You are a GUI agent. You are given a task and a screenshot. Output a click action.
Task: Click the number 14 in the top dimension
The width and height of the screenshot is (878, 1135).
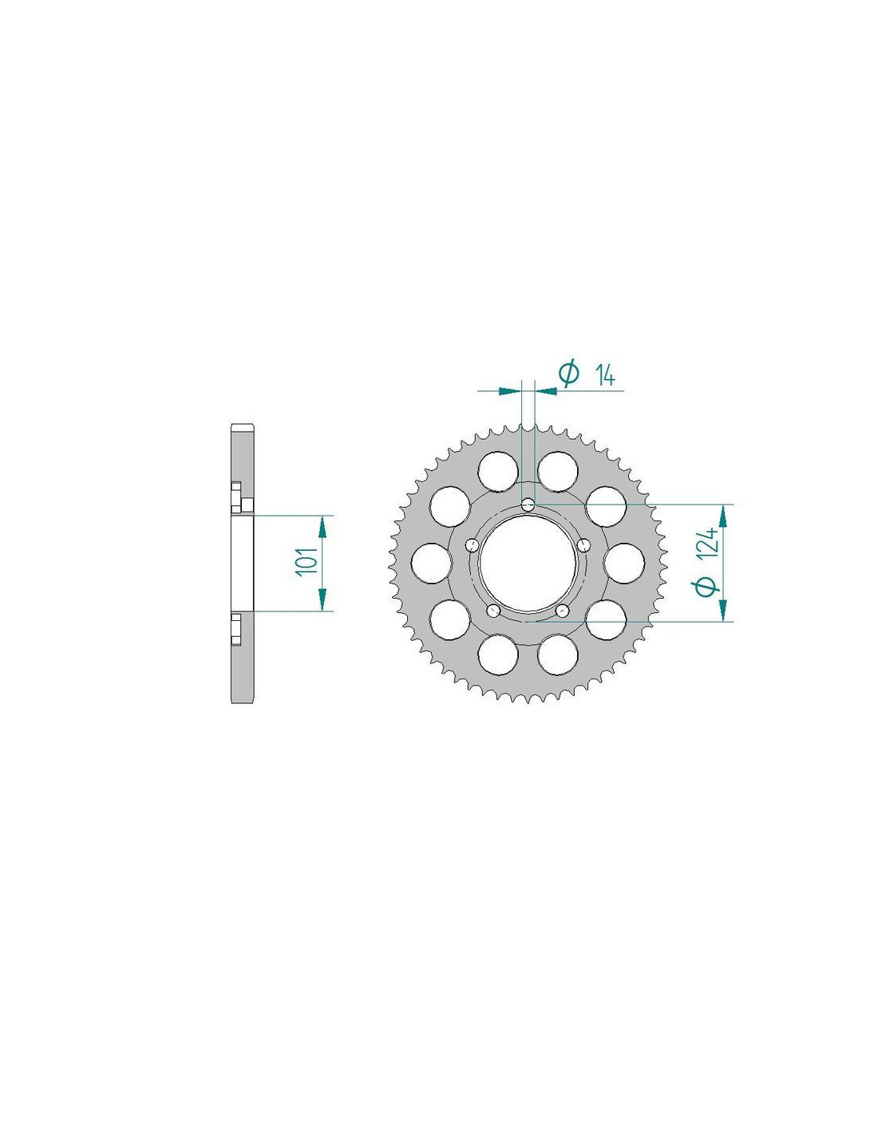[x=605, y=376]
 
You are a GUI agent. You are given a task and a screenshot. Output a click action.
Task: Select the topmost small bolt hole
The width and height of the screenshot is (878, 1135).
[x=528, y=504]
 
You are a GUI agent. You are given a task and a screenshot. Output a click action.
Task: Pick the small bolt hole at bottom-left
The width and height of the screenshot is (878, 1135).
[x=493, y=610]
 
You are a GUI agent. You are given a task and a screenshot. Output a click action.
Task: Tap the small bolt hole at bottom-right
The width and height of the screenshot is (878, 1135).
[x=563, y=610]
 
